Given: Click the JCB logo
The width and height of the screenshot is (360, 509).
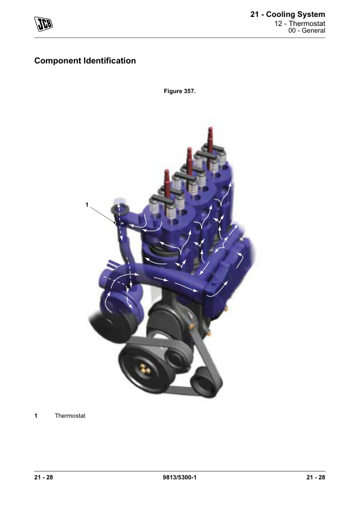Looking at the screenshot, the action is click(43, 24).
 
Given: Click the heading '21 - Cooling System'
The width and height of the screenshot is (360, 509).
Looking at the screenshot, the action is click(288, 15).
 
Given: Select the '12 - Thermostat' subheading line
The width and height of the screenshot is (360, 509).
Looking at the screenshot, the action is click(300, 24).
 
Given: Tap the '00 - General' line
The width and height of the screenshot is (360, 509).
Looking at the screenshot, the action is click(306, 30).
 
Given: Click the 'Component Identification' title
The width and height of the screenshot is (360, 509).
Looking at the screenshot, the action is click(85, 60).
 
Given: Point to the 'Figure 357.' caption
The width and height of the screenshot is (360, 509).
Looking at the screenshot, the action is click(179, 91).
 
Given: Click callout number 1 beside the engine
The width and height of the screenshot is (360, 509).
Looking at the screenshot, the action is click(86, 205).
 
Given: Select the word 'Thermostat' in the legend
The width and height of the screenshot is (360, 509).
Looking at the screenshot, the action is click(70, 415).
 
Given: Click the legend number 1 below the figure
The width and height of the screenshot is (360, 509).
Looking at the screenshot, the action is click(36, 415).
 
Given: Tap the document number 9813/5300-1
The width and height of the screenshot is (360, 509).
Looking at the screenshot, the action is click(179, 477).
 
